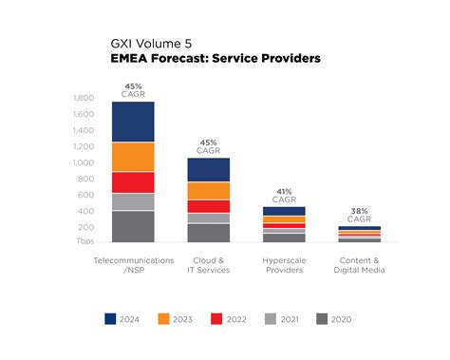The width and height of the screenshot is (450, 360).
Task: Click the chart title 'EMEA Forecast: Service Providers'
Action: (216, 58)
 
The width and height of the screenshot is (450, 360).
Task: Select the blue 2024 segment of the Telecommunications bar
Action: (133, 122)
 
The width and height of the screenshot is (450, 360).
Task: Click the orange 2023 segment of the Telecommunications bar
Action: (133, 157)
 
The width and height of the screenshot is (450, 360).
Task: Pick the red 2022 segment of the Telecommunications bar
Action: (133, 182)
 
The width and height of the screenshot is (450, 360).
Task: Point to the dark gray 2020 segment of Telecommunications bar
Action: (133, 226)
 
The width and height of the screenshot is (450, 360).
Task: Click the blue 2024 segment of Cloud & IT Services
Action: (208, 169)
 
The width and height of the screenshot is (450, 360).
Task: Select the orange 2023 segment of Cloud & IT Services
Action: (208, 190)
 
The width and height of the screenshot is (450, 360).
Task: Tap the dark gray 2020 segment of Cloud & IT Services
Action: (208, 233)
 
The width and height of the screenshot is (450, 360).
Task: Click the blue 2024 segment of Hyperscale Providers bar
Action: (283, 211)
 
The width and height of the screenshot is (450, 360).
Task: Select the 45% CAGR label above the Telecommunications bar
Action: (133, 89)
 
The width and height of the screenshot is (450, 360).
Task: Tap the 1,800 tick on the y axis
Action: (83, 99)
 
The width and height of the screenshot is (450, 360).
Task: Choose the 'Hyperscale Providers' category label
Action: (283, 264)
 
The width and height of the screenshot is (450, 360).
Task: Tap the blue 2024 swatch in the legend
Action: (111, 319)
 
